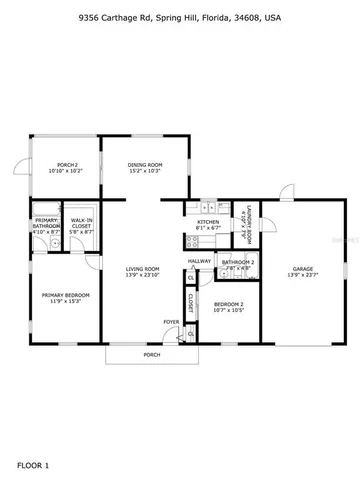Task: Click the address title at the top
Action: (x=180, y=17)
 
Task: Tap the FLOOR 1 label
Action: (x=33, y=465)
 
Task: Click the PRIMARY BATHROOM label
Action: (x=47, y=224)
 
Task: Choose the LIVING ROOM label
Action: (x=143, y=269)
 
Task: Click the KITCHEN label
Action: (x=207, y=222)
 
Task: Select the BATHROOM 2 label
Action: (x=238, y=261)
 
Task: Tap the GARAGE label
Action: (x=303, y=268)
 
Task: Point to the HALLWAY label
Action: (x=198, y=261)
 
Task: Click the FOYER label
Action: (x=172, y=321)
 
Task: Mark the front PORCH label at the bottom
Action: (x=151, y=355)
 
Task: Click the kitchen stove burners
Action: (x=188, y=240)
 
